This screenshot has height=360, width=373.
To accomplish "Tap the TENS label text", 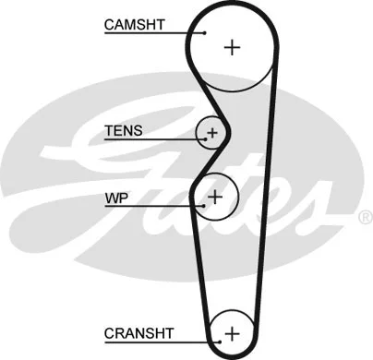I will tap(124, 130).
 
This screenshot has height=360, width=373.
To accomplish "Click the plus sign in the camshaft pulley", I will tap(231, 47).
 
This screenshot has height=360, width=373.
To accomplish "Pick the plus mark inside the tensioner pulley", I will tap(212, 134).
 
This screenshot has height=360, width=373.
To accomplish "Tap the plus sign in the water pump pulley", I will tap(216, 196).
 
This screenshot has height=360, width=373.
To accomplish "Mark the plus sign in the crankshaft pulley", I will tap(232, 332).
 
